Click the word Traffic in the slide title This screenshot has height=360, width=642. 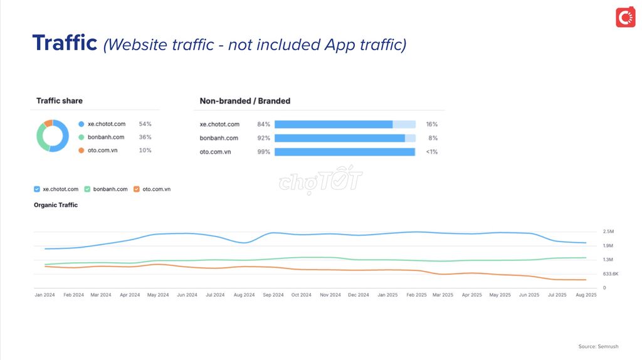point(65,43)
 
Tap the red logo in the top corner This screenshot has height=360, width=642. point(625,17)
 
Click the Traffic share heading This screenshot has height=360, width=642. point(60,100)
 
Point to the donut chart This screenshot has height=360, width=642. point(52,136)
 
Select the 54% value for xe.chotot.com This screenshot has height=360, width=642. point(145,124)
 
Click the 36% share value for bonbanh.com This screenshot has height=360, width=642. point(145,137)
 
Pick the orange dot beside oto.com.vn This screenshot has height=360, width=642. point(81,151)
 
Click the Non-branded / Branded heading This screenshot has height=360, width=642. point(245,101)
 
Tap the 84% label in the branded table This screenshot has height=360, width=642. point(263,124)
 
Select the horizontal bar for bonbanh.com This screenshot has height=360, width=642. point(345,138)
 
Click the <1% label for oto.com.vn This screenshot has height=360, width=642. point(431,152)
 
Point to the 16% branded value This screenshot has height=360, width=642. point(431,124)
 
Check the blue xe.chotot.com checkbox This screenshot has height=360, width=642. point(37,189)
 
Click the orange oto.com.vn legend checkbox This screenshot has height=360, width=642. point(137,189)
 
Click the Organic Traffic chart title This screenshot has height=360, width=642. point(56,205)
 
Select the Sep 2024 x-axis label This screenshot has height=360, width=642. point(273,295)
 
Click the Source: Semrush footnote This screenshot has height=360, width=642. point(598,346)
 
